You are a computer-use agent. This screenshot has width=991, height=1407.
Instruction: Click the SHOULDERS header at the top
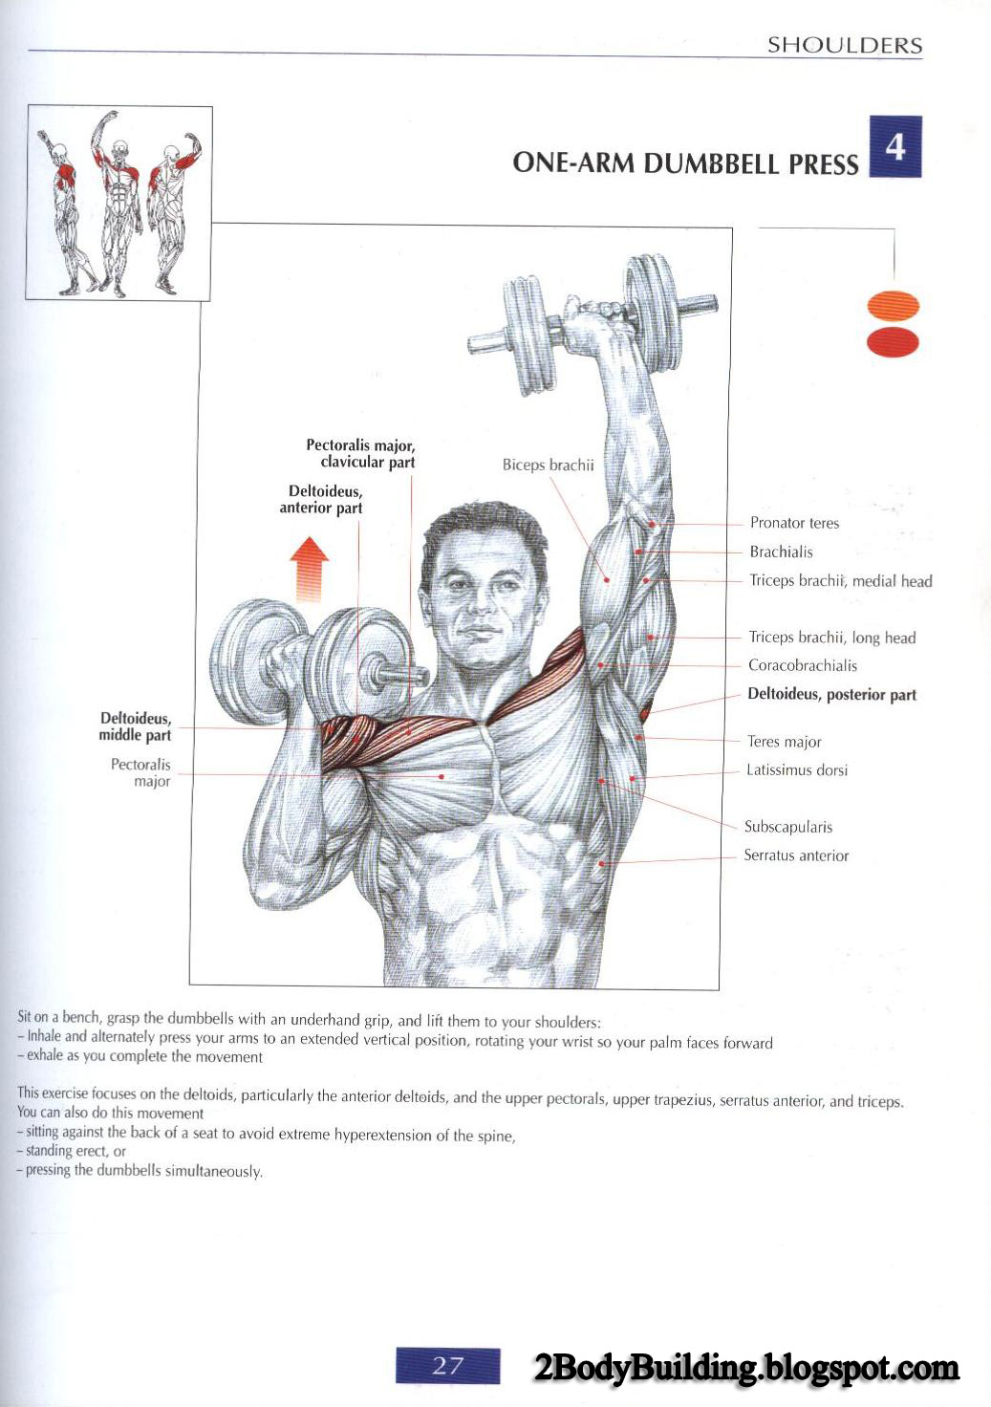[x=845, y=45]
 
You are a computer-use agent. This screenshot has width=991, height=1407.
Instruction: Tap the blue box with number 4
[x=895, y=147]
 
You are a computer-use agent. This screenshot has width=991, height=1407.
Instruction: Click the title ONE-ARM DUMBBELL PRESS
[x=686, y=163]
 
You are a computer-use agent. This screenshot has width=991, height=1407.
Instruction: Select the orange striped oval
[x=893, y=306]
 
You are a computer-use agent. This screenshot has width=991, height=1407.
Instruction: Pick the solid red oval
[x=893, y=342]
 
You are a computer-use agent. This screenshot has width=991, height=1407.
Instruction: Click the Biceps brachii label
[x=548, y=465]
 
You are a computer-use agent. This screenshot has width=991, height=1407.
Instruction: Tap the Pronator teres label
[x=794, y=523]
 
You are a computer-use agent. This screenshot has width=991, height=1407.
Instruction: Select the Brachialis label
[x=782, y=552]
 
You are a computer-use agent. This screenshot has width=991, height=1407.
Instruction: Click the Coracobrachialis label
[x=803, y=665]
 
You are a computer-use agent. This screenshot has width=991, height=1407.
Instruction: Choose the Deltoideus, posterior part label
[x=832, y=695]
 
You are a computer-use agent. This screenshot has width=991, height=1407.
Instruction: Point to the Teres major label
[x=785, y=742]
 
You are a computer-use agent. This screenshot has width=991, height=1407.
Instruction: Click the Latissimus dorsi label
[x=797, y=770]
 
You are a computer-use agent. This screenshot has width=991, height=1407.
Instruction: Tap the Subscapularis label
[x=788, y=827]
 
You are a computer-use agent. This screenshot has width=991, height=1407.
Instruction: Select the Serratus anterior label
[x=796, y=855]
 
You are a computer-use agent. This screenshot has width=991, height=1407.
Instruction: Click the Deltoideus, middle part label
[x=135, y=726]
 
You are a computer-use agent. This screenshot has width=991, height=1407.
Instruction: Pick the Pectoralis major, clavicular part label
[x=360, y=453]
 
